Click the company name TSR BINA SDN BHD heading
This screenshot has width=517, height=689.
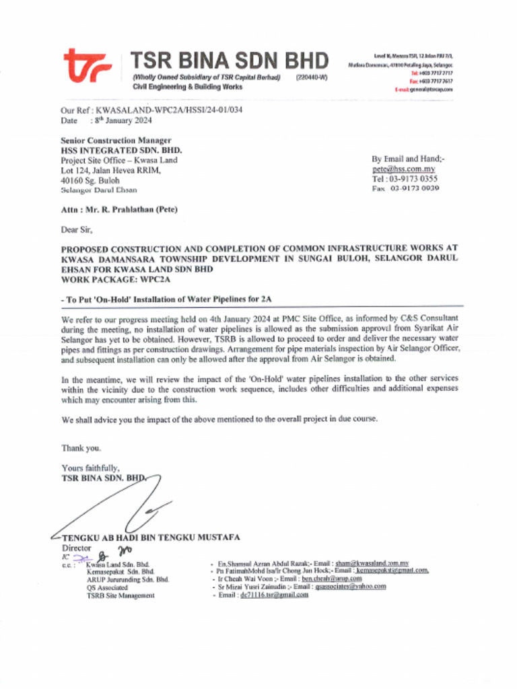(229, 61)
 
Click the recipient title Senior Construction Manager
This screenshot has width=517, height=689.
(116, 141)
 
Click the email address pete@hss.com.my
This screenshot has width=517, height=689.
(403, 170)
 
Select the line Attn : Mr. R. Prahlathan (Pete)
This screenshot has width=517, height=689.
(119, 210)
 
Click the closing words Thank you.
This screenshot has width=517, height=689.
(81, 447)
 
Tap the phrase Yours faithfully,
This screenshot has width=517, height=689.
(90, 468)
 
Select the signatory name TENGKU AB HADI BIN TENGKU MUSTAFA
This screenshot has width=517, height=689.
(150, 538)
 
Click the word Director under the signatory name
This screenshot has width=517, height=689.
(76, 548)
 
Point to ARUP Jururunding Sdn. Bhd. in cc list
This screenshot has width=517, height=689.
(127, 579)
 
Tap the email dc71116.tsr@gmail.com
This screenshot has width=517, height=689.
(274, 595)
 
